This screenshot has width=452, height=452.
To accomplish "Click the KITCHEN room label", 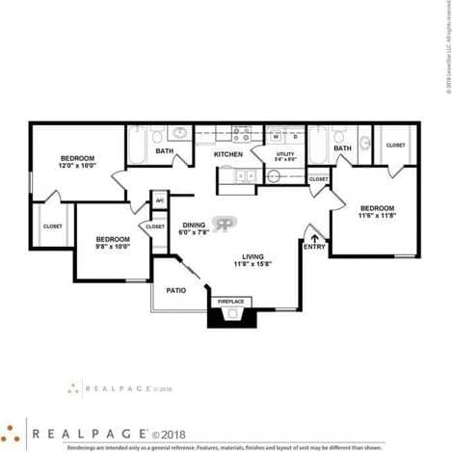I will [227, 154].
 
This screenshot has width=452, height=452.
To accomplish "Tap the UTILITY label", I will [284, 153].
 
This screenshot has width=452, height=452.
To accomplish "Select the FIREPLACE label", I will [230, 302].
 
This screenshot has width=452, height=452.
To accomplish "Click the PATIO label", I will [175, 289].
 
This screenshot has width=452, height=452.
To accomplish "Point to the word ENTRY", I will [314, 247].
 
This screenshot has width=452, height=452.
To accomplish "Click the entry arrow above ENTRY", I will [314, 235].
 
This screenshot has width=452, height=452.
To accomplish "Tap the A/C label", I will [159, 200].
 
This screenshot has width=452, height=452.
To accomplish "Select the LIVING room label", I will [253, 255].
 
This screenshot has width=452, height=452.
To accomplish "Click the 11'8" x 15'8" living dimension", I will [253, 264].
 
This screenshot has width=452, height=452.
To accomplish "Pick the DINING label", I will [194, 224].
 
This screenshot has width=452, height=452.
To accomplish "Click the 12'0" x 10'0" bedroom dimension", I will [78, 166].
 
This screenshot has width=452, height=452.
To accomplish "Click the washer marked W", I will [276, 136].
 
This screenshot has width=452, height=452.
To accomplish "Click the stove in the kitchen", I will [241, 134].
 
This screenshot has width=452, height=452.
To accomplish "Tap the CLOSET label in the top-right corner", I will [396, 145].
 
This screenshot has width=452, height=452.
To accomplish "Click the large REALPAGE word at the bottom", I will [89, 434].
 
